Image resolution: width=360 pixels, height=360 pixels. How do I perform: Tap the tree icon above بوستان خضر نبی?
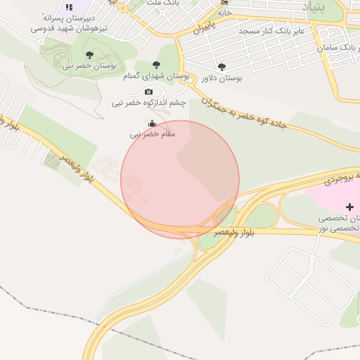89,54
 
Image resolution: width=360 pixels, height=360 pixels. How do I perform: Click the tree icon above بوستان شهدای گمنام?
156,65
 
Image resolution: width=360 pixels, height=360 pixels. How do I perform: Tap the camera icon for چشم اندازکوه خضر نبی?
148,91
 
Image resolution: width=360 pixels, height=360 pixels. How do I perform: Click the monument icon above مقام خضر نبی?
153,122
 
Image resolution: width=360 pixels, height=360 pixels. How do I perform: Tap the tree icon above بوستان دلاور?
222,67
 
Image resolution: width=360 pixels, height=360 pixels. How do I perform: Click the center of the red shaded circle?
180,179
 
